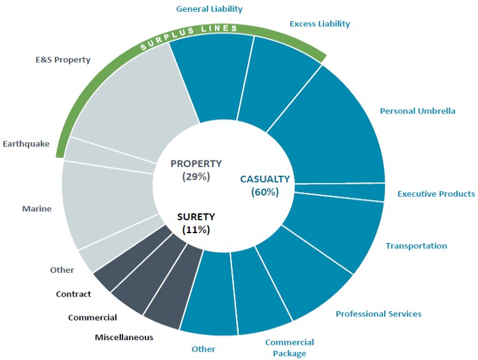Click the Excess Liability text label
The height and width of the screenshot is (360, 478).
point(320,24)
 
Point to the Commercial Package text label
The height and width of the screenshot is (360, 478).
point(290,348)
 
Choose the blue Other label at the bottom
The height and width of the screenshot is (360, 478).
point(204,349)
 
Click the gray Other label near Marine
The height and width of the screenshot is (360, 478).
point(62,270)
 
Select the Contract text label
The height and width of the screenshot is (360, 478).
point(73,294)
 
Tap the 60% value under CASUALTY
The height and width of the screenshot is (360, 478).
point(265,192)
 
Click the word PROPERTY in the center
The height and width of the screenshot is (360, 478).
point(196,164)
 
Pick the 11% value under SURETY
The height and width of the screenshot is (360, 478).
point(196,230)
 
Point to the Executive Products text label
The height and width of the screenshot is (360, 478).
point(436,194)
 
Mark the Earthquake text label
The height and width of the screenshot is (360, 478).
point(26,144)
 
